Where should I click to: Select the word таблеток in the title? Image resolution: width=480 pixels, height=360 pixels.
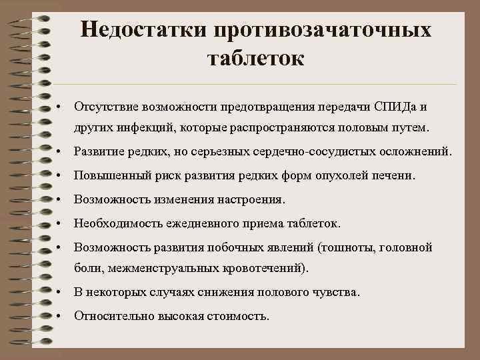pyautogui.click(x=256, y=58)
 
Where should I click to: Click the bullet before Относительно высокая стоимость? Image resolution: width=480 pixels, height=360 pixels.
pyautogui.click(x=60, y=316)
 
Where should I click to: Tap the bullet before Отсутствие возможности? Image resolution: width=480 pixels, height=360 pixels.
pyautogui.click(x=60, y=106)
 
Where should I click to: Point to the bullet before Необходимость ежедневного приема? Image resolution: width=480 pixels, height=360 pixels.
pyautogui.click(x=60, y=223)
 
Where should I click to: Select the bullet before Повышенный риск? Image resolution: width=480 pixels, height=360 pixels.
pyautogui.click(x=60, y=175)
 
